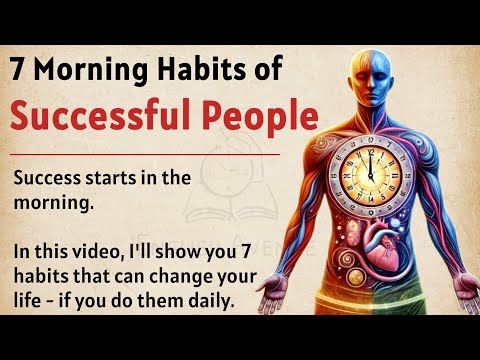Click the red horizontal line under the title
[x=150, y=156]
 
